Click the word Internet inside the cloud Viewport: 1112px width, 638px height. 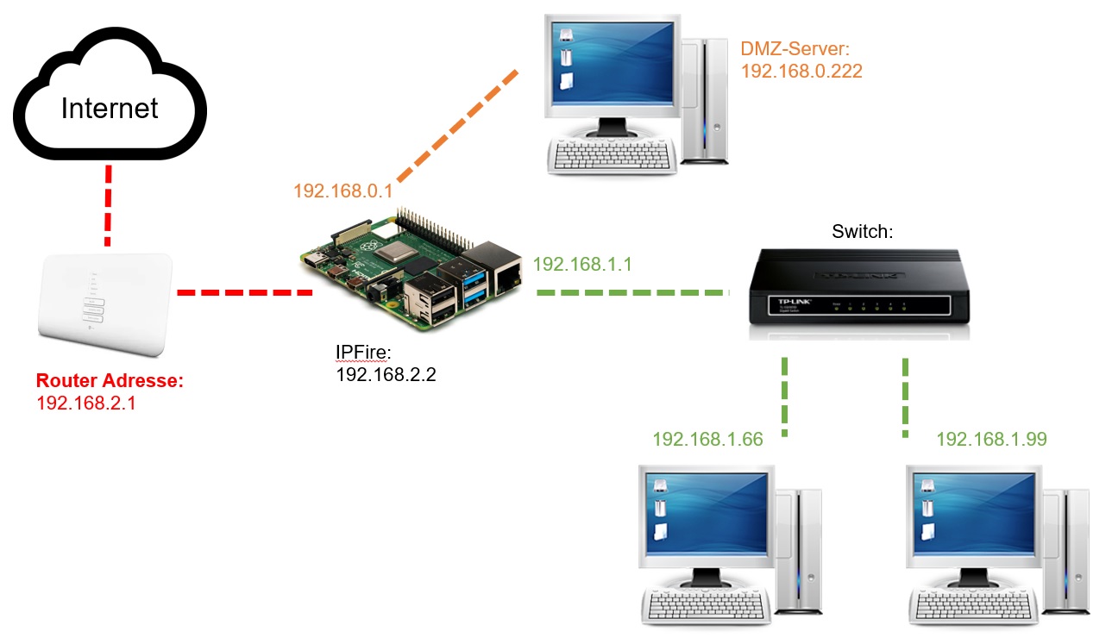(x=110, y=108)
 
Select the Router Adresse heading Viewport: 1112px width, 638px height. (x=110, y=380)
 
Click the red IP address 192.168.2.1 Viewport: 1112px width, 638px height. (x=86, y=402)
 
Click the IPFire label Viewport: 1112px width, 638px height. (x=363, y=352)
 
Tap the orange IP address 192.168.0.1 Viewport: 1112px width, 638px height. (x=343, y=191)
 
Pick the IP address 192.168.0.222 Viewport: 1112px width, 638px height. (x=801, y=71)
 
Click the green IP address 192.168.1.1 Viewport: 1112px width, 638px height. (x=583, y=264)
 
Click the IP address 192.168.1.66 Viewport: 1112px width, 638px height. (x=707, y=439)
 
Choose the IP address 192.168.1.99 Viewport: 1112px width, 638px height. (x=991, y=439)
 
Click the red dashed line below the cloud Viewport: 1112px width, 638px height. (x=108, y=205)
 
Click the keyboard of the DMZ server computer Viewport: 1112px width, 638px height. (x=612, y=155)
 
